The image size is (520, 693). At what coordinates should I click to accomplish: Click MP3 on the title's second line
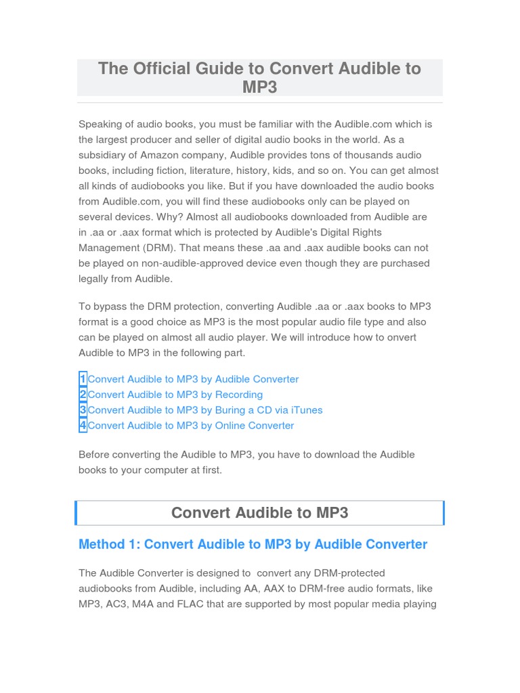coord(260,87)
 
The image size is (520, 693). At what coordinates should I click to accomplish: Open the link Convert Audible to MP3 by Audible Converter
coord(193,379)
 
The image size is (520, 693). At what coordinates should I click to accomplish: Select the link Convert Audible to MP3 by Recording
coord(175,395)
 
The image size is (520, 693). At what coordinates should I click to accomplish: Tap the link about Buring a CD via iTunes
coord(205,410)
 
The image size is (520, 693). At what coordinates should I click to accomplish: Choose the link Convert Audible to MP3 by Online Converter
coord(191,426)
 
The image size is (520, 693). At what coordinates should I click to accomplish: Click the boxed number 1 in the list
coord(83,379)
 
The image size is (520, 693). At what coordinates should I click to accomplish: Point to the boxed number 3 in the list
coord(83,410)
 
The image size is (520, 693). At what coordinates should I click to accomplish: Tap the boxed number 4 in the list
coord(83,426)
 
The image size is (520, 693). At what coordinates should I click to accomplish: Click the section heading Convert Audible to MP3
coord(260,512)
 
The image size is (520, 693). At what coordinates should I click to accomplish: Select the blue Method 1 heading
coord(253,544)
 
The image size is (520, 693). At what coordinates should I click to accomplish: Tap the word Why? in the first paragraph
coord(170,217)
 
